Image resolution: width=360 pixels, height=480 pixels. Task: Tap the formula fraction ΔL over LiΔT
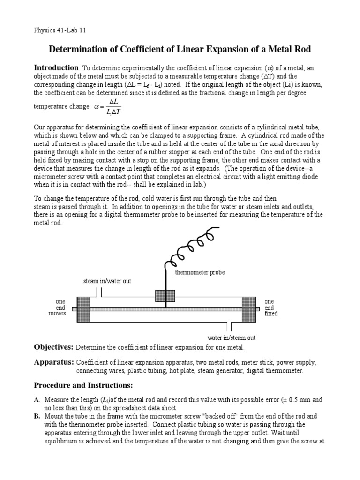coord(112,106)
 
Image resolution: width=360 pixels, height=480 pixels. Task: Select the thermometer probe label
coord(200,272)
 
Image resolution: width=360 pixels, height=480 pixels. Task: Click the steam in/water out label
coord(107,281)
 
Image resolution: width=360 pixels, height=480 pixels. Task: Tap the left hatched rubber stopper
coord(83,309)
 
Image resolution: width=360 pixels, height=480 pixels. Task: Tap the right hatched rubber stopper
coord(248,309)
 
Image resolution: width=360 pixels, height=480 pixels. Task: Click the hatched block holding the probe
coord(165,296)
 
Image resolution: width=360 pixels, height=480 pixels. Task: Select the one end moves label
coord(57,307)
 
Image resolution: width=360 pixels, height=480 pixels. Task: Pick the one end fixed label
coord(270,307)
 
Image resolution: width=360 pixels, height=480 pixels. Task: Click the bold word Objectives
coord(53,347)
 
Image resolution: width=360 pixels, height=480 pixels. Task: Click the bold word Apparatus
coord(54,363)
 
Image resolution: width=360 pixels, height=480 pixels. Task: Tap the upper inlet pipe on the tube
coord(99,292)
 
